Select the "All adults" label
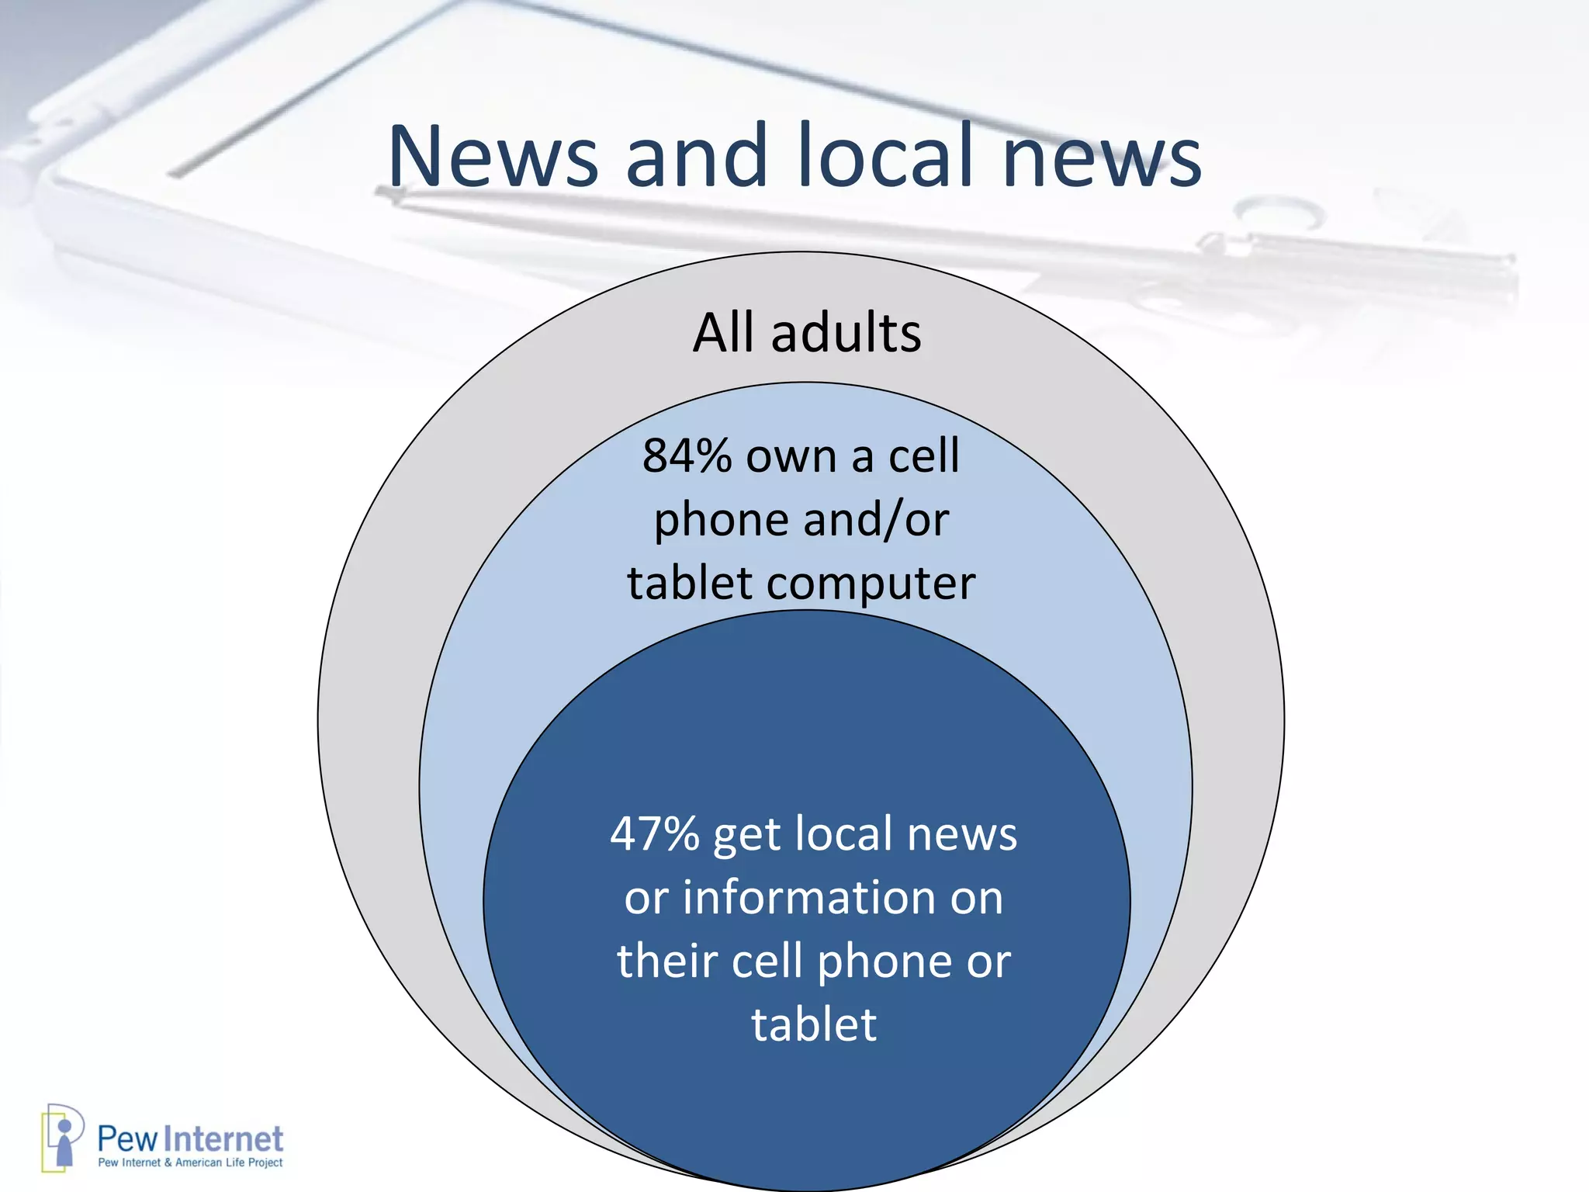pyautogui.click(x=807, y=333)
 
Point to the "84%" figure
pyautogui.click(x=687, y=456)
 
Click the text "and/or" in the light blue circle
pyautogui.click(x=876, y=519)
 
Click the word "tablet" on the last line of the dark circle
pyautogui.click(x=814, y=1024)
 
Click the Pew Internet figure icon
pyautogui.click(x=62, y=1138)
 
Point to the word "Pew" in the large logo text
pyautogui.click(x=127, y=1139)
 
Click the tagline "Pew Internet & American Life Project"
pyautogui.click(x=190, y=1163)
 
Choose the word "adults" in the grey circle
pyautogui.click(x=846, y=333)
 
